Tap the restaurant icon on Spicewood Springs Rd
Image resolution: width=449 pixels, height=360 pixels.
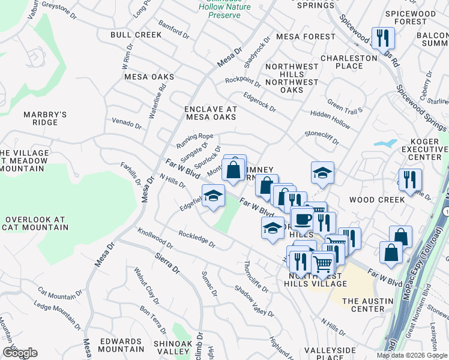point(382,38)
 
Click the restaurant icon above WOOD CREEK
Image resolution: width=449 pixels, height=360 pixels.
point(410,179)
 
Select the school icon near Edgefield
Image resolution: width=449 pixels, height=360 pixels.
point(212,196)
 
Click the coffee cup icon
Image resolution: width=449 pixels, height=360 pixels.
point(302,218)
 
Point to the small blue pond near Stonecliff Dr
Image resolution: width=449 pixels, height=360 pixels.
point(385,143)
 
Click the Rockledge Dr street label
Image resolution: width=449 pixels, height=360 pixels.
point(196,238)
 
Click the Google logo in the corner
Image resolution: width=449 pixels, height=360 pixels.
point(20,352)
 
